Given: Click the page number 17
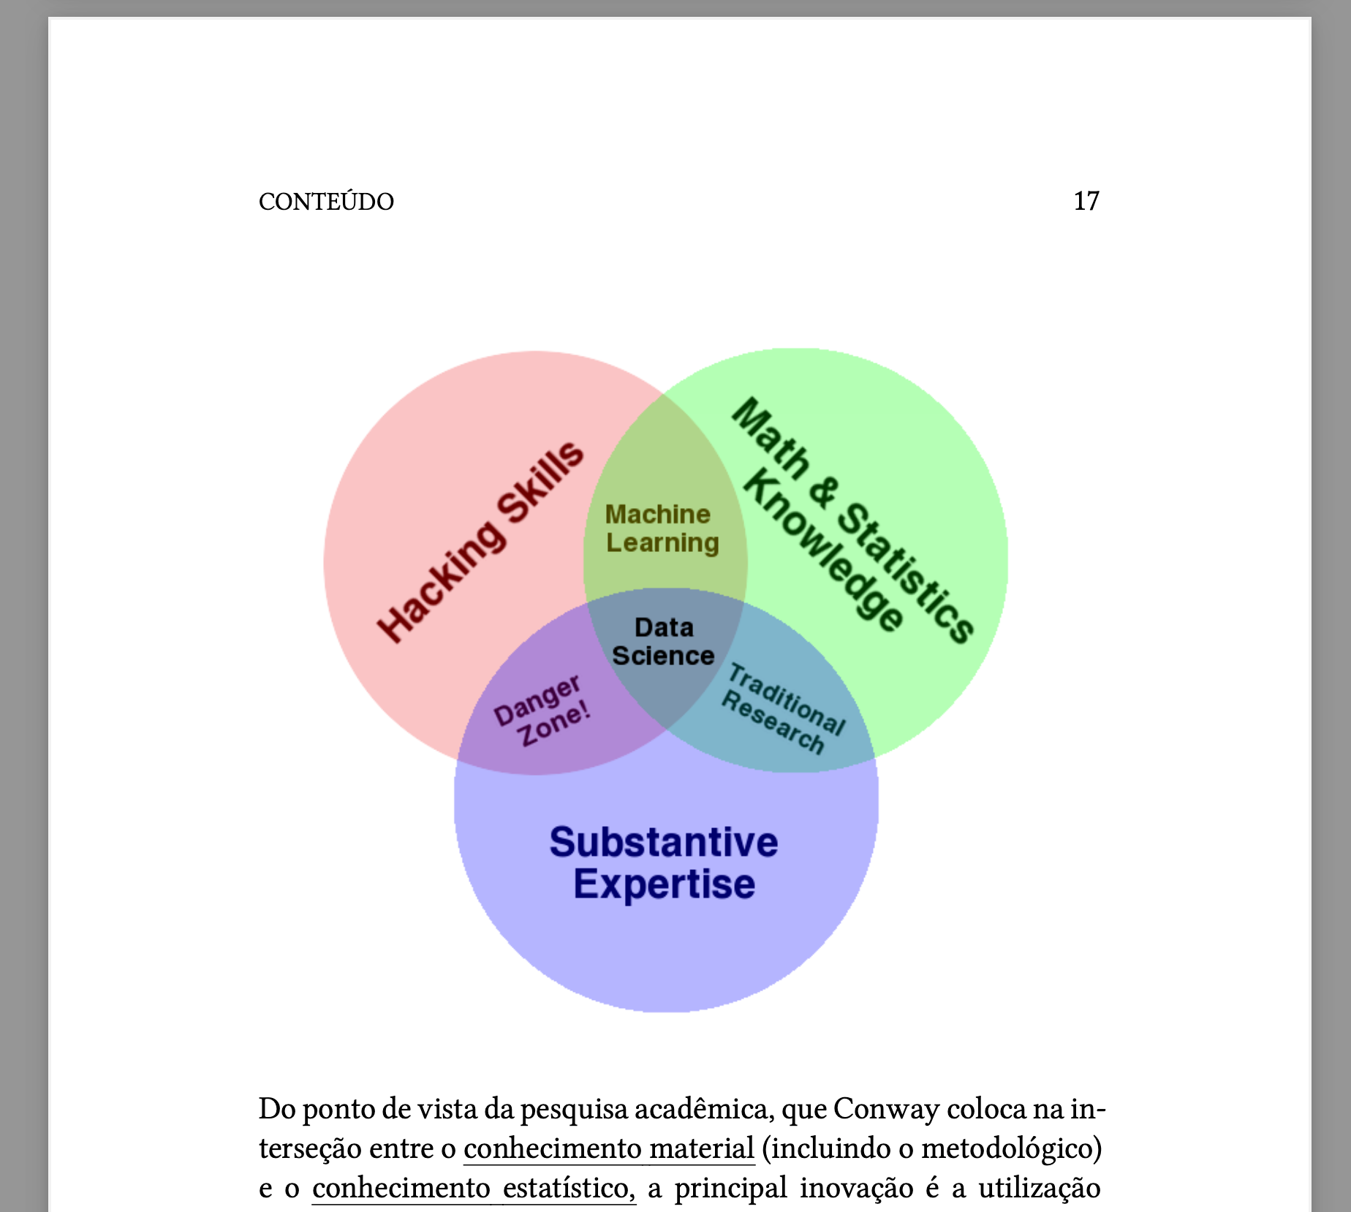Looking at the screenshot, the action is (x=1086, y=201).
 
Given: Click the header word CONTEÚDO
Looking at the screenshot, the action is (x=326, y=201).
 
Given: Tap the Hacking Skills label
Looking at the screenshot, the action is (x=480, y=542).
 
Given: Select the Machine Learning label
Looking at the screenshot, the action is (x=662, y=529).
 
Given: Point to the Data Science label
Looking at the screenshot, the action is (x=663, y=641).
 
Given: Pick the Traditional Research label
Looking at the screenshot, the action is (x=783, y=708).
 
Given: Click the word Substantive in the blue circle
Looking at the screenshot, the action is (x=664, y=841).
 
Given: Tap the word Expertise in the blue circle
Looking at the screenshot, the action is (x=664, y=885).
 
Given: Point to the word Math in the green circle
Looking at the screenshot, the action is (x=771, y=438).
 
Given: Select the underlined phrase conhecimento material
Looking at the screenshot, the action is (x=609, y=1148).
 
